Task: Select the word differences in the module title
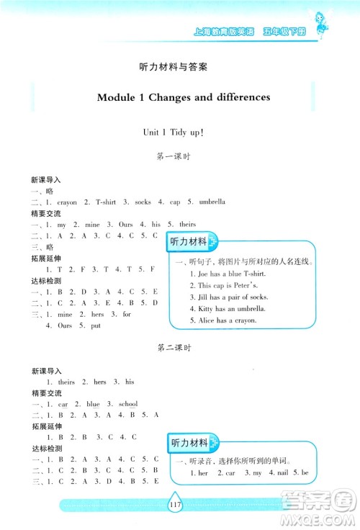240,96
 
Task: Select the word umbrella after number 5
212,202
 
